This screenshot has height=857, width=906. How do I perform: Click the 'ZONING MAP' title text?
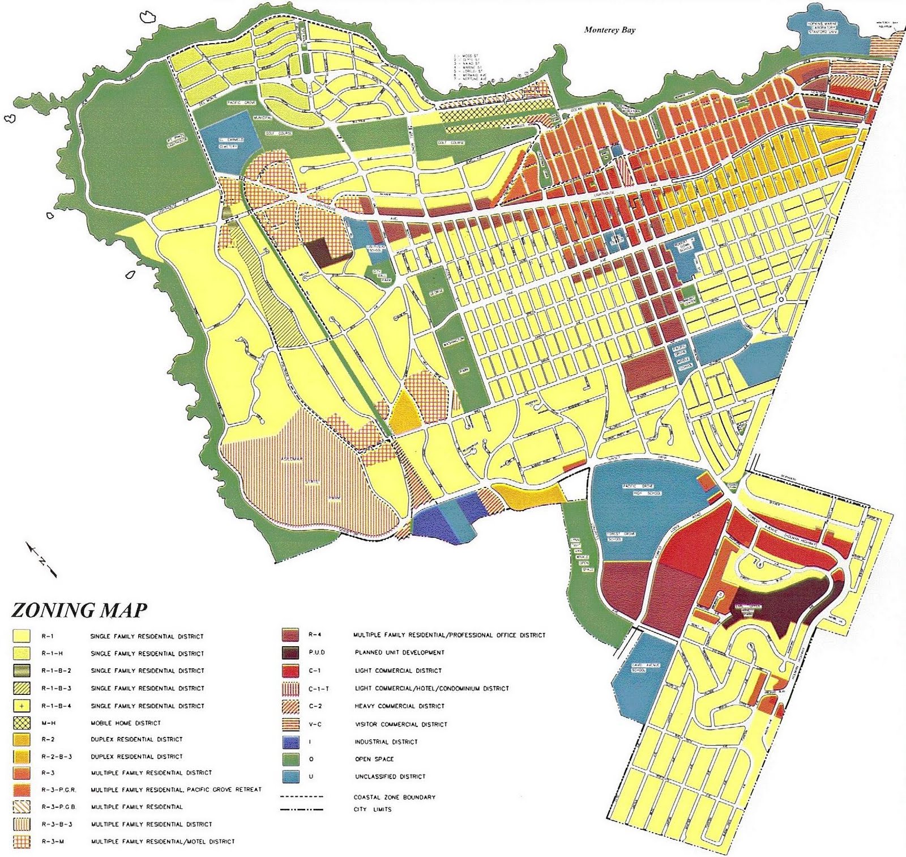(x=79, y=610)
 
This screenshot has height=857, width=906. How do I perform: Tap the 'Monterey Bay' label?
(x=609, y=30)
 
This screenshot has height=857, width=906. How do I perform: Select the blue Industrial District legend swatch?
(x=290, y=742)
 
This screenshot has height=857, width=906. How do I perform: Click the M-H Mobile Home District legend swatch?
(x=22, y=723)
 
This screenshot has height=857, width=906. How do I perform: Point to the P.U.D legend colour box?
(x=290, y=652)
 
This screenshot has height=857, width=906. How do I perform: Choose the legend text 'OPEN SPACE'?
(x=374, y=759)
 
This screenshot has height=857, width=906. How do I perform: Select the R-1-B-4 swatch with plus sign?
(x=22, y=706)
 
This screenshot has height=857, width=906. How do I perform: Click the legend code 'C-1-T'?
(x=319, y=689)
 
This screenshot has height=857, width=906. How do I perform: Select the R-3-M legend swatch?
(x=22, y=842)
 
